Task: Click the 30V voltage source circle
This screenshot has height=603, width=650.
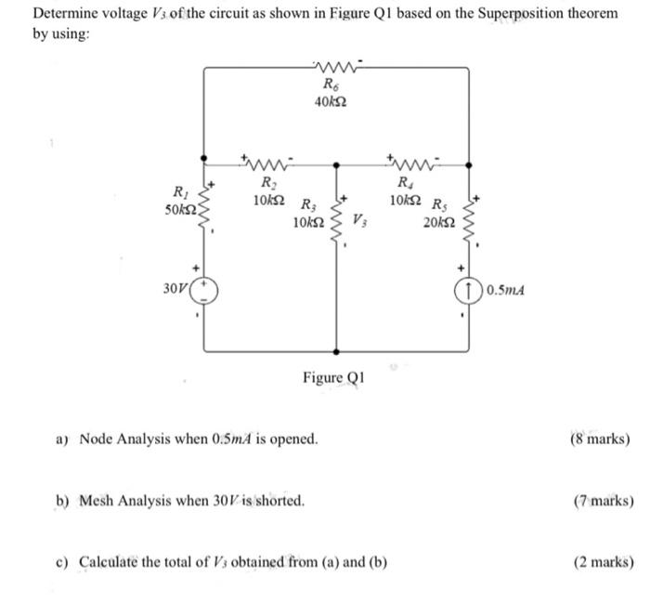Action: click(204, 291)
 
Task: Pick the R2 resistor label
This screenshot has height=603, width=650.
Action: click(267, 182)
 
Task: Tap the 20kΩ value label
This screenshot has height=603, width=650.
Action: click(437, 223)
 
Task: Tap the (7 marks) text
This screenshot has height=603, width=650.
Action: click(604, 501)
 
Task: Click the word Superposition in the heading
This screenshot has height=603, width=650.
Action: click(525, 16)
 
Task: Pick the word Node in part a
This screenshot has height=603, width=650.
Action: click(98, 438)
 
